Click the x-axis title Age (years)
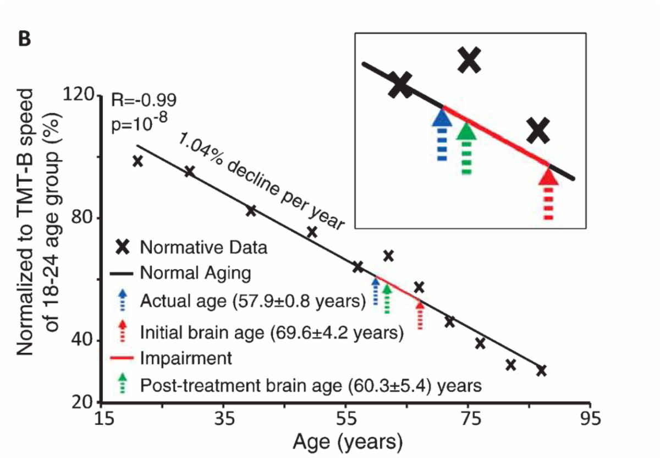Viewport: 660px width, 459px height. point(347,442)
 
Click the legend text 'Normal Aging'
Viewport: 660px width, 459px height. point(195,273)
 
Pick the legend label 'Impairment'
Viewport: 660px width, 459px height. point(186,358)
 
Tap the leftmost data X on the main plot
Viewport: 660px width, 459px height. point(138,161)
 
